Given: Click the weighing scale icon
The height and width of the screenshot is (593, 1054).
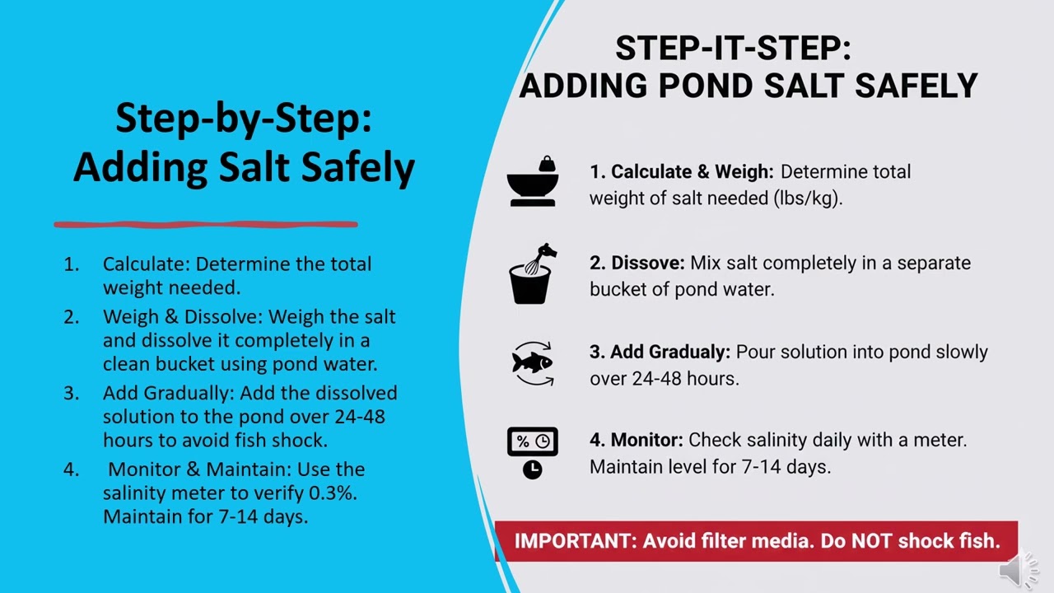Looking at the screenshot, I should (x=533, y=181).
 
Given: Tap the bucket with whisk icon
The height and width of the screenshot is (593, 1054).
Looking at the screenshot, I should (x=531, y=273).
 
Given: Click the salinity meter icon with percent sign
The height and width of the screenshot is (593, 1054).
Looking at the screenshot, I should (x=532, y=452).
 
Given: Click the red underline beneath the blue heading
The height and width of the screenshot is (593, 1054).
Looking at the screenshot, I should (x=206, y=223).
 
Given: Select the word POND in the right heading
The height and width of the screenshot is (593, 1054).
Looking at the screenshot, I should (x=720, y=85).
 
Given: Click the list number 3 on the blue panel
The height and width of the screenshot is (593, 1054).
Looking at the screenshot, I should (x=72, y=393).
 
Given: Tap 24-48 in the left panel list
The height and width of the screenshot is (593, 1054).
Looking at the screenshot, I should (x=359, y=417).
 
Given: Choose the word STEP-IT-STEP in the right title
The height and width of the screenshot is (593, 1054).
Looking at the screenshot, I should (x=733, y=49).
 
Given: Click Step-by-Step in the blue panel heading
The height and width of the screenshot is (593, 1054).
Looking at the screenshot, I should (x=243, y=118).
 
